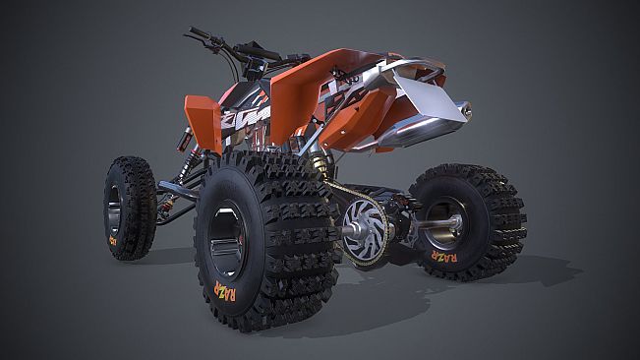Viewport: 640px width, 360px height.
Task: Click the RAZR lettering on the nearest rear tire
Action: pos(225,294)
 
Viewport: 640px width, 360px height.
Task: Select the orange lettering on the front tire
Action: pos(113,239)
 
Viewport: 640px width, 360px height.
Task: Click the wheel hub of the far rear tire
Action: pos(447,224)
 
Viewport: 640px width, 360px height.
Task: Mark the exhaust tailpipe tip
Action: pos(465,111)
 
